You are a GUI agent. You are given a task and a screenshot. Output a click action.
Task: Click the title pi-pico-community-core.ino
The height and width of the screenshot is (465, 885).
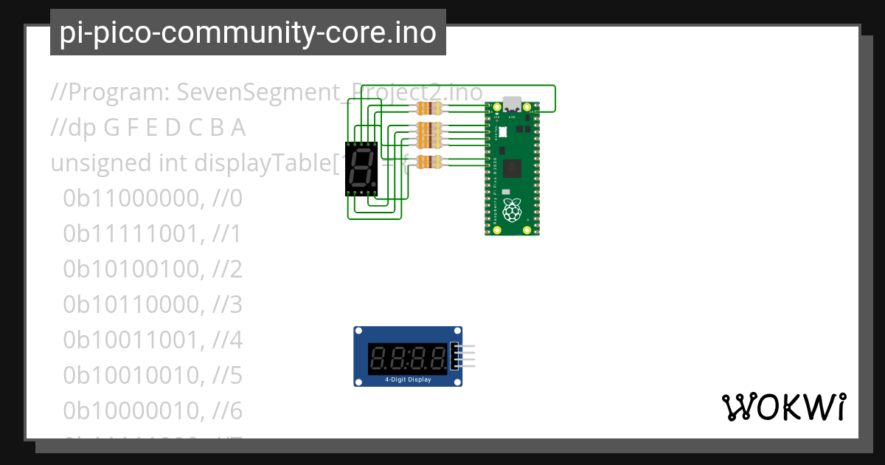(x=248, y=32)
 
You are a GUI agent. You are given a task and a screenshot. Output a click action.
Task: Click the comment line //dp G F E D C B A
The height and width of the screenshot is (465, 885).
(x=147, y=128)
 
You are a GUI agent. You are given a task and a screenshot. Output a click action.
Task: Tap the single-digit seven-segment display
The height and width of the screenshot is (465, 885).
(x=361, y=168)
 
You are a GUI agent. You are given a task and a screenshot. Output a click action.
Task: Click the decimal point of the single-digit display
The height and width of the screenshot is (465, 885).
(x=374, y=184)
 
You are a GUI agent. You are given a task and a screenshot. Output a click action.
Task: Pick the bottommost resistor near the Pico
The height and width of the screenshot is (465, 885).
(x=429, y=162)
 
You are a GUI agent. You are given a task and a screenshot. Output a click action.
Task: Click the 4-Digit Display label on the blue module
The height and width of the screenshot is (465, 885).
(x=408, y=379)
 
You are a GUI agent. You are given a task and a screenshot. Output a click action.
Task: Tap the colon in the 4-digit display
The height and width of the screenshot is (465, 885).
(x=409, y=359)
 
